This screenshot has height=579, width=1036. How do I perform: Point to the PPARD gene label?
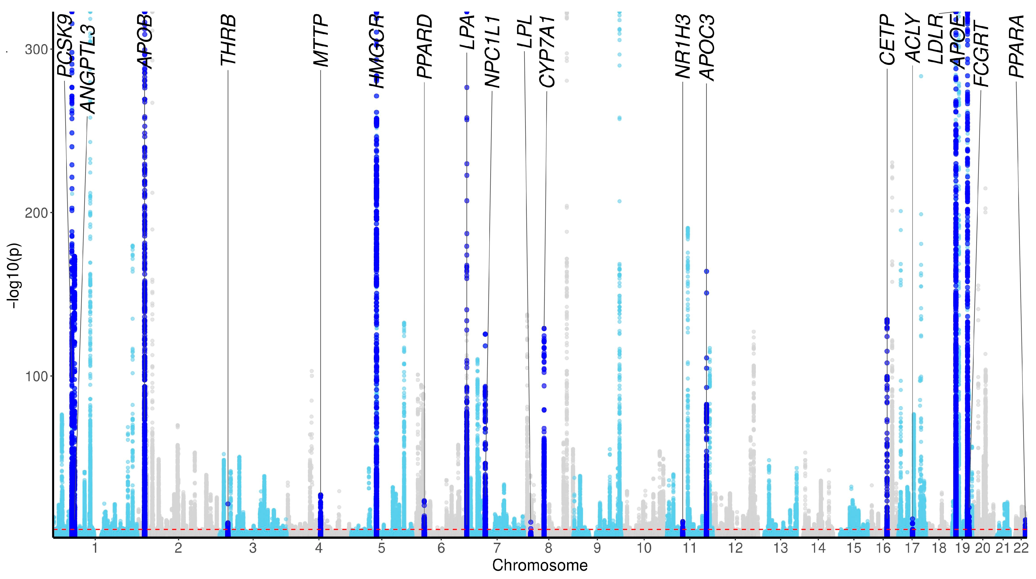click(x=424, y=47)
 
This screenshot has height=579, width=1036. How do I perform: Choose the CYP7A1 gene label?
click(x=547, y=51)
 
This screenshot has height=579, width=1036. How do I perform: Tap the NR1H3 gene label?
click(x=683, y=47)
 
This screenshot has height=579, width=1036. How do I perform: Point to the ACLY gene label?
click(x=912, y=39)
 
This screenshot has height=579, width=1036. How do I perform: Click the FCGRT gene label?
click(x=981, y=55)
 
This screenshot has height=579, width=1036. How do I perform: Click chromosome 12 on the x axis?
click(x=735, y=548)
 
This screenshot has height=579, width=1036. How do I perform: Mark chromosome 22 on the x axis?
click(x=1021, y=548)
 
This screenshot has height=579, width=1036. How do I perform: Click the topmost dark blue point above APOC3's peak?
click(x=706, y=271)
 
